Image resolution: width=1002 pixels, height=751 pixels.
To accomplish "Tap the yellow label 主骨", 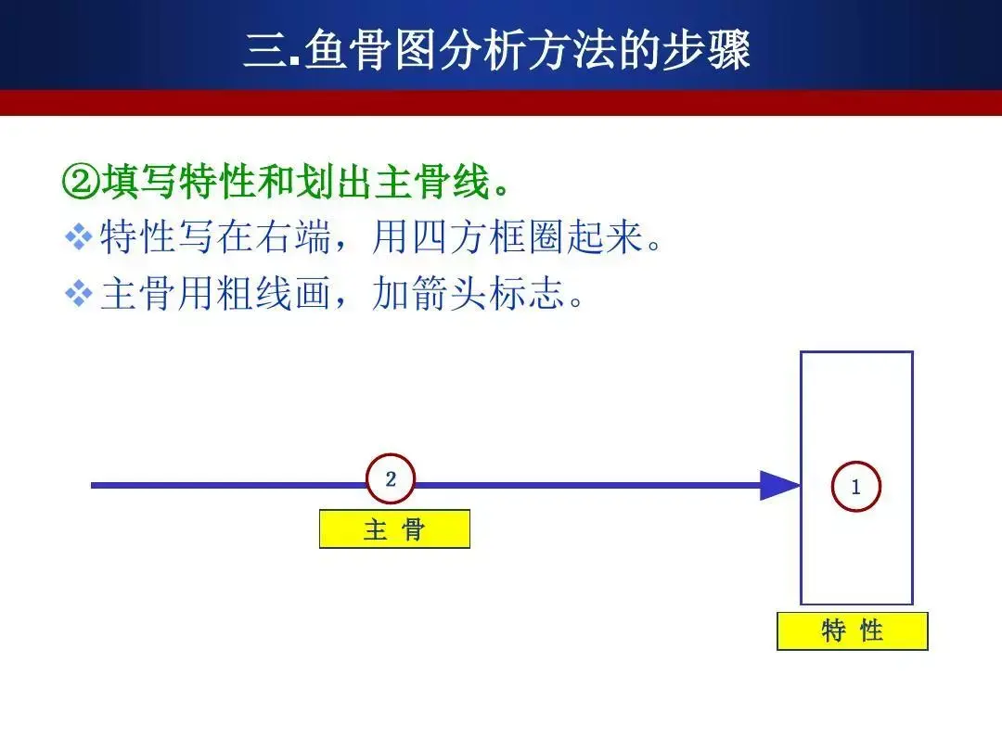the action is point(394,528).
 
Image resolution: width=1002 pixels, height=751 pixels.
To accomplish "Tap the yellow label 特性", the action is point(852,631).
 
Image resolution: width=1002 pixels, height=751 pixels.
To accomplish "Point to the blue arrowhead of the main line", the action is point(779,485).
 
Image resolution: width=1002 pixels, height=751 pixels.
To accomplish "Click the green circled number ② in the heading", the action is point(81,182).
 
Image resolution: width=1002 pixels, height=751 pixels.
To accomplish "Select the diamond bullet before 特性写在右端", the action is point(79,236).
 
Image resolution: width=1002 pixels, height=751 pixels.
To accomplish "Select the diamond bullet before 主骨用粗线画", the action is point(79,294).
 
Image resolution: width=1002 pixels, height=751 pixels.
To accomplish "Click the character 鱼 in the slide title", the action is point(326,50).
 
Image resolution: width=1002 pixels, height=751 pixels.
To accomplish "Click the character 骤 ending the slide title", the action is point(728,50).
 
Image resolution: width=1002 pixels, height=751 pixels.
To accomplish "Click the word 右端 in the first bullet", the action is point(293,237).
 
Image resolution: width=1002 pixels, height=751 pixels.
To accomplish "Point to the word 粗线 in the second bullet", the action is point(254,294).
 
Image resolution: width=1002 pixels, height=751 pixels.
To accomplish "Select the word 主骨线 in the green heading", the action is point(432,182).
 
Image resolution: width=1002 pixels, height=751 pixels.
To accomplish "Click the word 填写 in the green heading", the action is point(138,182).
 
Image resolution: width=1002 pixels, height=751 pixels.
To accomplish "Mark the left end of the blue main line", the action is point(92,485).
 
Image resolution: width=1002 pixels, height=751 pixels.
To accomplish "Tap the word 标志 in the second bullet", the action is point(526,294).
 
